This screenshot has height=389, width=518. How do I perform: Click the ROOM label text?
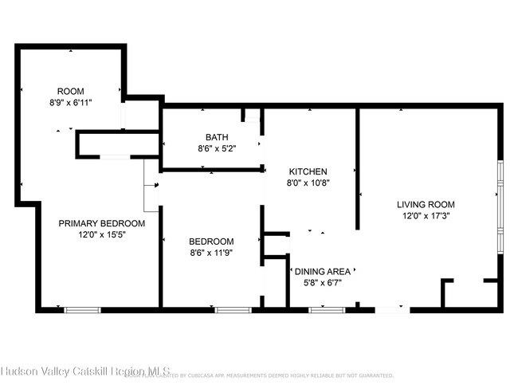(x=70, y=91)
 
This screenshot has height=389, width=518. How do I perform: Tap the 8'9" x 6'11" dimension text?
(x=70, y=103)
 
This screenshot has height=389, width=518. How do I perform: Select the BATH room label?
(x=216, y=137)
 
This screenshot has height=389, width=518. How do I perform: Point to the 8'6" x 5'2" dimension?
(x=216, y=148)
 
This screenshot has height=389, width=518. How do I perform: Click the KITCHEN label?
(x=308, y=171)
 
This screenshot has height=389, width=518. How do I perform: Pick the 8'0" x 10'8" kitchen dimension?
(x=308, y=183)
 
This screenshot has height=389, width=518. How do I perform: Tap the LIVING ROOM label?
(x=426, y=205)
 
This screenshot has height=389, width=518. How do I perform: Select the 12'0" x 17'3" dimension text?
(x=426, y=216)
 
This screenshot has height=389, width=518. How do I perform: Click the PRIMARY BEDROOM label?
(x=101, y=223)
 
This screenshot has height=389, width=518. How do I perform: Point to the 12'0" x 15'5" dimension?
(x=101, y=235)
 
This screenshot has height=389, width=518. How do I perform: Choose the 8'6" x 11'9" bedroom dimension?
(x=210, y=253)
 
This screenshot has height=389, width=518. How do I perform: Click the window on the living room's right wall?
(x=500, y=207)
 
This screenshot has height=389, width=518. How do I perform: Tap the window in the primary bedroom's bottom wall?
(x=82, y=308)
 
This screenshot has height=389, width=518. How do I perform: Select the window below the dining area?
(x=321, y=308)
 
